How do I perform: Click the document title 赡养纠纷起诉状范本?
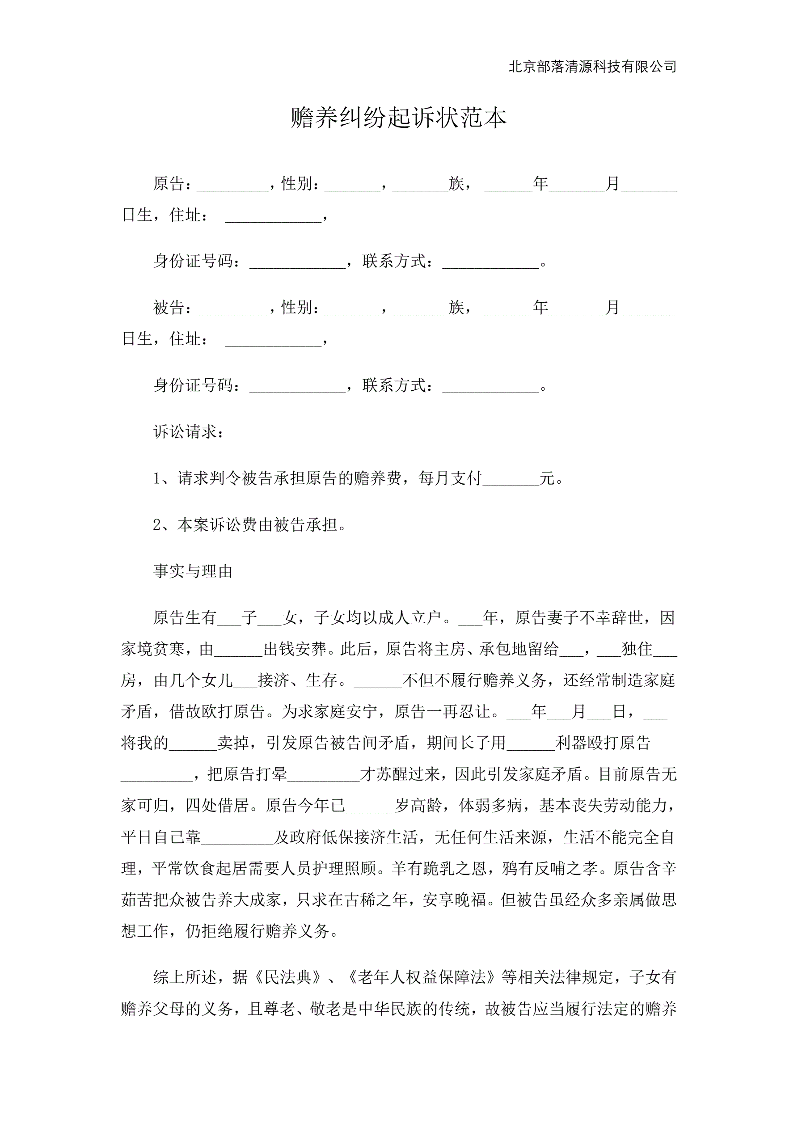(x=398, y=118)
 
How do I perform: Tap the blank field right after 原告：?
(x=232, y=185)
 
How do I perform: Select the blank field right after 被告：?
(x=232, y=308)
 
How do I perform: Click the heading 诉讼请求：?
(x=189, y=432)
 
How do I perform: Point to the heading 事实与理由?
(x=193, y=571)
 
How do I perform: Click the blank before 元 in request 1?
(x=511, y=478)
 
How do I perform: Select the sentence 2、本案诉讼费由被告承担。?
(x=250, y=525)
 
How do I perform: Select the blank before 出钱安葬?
(x=238, y=650)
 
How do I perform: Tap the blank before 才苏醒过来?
(x=324, y=775)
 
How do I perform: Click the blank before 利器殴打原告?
(x=531, y=744)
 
